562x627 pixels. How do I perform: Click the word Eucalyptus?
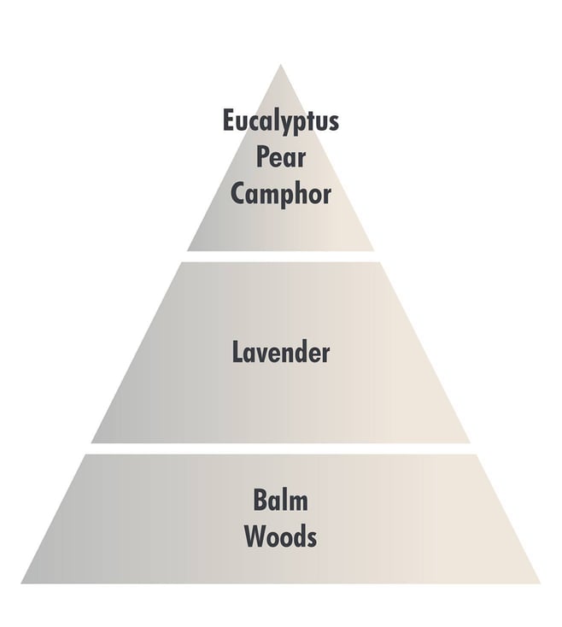click(281, 121)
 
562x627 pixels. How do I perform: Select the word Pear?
click(281, 157)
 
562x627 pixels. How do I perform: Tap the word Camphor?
click(281, 195)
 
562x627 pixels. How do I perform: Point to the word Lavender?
click(281, 352)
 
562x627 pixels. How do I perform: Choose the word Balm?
click(281, 500)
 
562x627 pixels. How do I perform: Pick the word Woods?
click(281, 536)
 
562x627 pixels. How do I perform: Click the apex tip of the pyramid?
click(280, 64)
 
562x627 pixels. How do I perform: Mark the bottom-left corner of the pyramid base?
click(21, 583)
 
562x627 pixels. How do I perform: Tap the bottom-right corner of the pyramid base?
click(541, 583)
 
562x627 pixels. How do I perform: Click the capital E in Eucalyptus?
click(228, 120)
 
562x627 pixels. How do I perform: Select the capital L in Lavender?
click(237, 352)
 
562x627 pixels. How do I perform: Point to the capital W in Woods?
click(255, 536)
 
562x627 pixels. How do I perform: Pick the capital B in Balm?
click(261, 500)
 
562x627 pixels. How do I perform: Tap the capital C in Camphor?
click(237, 194)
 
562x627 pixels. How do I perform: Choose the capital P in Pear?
click(262, 157)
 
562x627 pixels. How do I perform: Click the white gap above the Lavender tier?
click(281, 257)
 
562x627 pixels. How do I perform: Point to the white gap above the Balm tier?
click(281, 448)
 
